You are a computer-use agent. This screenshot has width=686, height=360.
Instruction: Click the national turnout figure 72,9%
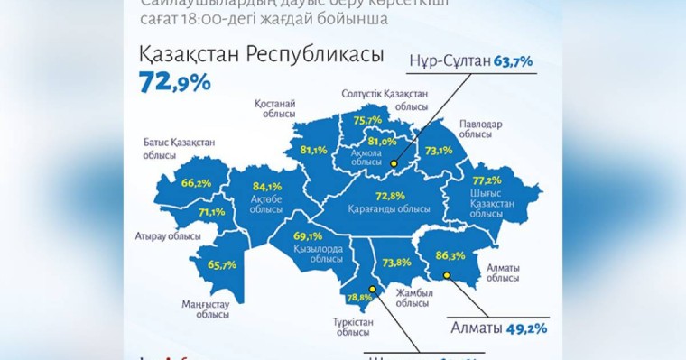click(175, 83)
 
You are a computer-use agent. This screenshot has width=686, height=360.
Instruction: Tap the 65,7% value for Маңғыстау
click(221, 264)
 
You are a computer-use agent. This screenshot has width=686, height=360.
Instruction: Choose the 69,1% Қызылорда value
click(309, 236)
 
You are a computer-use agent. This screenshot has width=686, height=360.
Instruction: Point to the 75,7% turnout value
click(367, 120)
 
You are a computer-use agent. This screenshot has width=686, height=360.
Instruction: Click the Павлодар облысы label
click(475, 128)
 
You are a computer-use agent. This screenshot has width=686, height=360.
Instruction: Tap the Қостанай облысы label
click(274, 108)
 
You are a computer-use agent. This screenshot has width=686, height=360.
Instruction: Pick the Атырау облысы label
click(174, 235)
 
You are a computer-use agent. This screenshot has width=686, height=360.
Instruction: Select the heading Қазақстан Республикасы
click(262, 54)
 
